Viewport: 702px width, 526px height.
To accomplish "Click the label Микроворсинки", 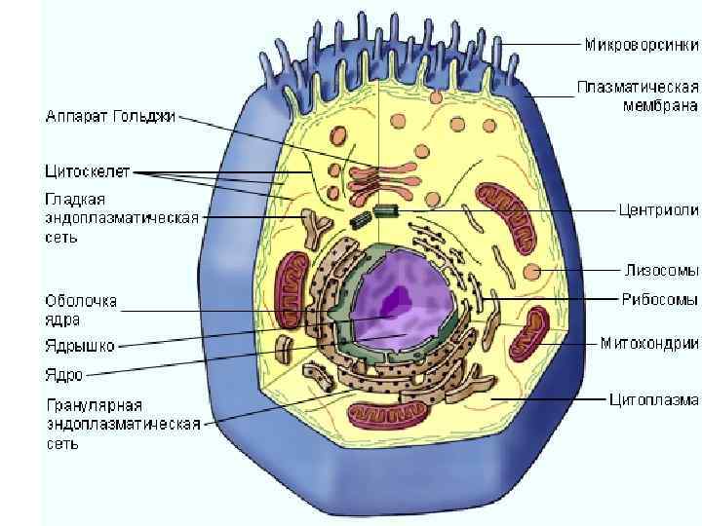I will pos(642,45).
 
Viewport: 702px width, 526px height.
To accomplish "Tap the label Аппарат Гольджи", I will pos(111,117).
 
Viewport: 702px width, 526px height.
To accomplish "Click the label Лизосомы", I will pos(660,266).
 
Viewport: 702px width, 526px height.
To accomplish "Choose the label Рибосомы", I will pos(660,298).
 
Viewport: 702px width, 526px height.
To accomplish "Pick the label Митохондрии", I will pos(649,343).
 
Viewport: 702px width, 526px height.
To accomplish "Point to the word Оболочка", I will pos(81,301).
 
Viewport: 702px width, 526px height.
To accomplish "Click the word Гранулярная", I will pos(95,404).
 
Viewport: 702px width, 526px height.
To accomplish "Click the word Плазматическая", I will pos(638,88).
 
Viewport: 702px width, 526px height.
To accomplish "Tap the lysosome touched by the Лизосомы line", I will pos(532,273).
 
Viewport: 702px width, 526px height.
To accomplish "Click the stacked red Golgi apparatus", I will pos(376,179).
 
